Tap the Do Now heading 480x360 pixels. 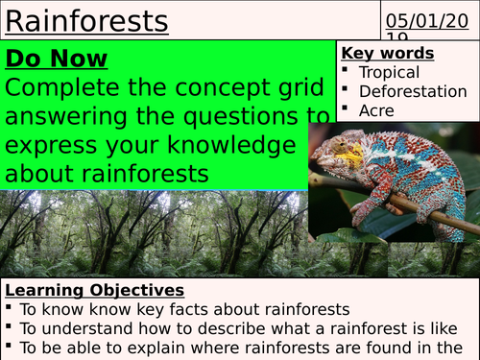point(57,59)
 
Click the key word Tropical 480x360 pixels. point(389,72)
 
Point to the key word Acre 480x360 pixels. point(376,110)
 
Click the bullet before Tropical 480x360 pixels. point(346,72)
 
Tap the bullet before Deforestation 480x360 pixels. point(346,91)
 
